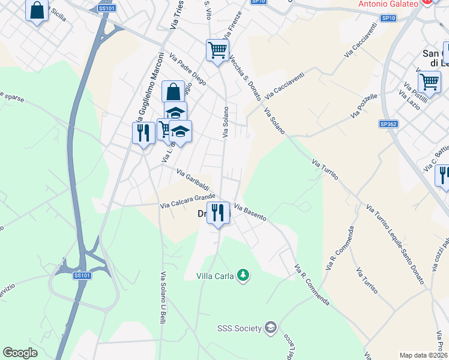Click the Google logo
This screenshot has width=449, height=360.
click(20, 353)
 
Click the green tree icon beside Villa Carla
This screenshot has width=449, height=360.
click(243, 275)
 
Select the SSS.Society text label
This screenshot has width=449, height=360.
click(239, 328)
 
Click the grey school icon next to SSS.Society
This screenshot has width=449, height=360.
click(271, 327)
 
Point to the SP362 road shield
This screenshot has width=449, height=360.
click(388, 124)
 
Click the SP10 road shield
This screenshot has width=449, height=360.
click(388, 19)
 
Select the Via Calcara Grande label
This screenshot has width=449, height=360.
click(187, 201)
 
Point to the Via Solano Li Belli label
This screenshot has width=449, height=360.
click(163, 298)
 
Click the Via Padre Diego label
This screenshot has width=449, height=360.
click(188, 70)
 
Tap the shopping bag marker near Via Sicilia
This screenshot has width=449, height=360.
click(37, 10)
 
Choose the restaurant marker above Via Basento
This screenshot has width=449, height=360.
click(218, 212)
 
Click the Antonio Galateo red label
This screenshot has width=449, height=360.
click(388, 4)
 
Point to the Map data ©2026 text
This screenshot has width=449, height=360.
click(423, 355)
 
